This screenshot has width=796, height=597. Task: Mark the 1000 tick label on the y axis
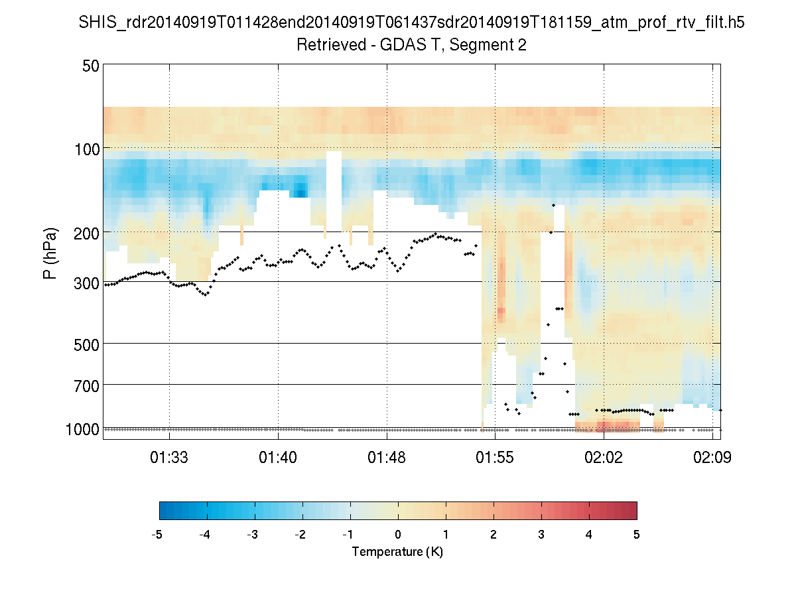(x=83, y=429)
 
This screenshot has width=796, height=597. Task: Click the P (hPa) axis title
(x=50, y=253)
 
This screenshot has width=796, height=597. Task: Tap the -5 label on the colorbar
(x=157, y=535)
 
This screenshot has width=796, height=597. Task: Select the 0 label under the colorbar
(x=398, y=535)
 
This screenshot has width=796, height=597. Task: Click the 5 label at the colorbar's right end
(x=637, y=535)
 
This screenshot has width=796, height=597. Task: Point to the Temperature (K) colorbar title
(x=397, y=552)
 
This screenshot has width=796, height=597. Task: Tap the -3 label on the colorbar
(x=253, y=535)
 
